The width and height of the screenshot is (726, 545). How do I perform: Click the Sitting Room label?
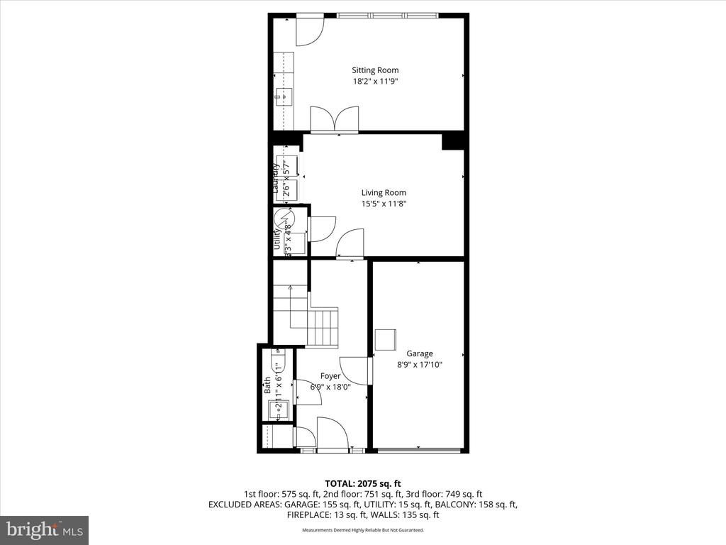375,70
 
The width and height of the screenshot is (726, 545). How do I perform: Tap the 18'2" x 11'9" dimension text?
375,81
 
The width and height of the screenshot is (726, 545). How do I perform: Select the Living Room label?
384,192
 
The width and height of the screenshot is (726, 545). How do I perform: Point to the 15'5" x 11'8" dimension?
384,204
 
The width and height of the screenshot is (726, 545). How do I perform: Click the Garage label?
419,353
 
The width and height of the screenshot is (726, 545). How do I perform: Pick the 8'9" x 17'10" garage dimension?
419,365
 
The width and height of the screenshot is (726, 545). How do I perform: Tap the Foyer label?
330,376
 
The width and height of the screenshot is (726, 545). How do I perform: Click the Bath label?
267,385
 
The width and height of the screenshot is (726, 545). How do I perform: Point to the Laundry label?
276,178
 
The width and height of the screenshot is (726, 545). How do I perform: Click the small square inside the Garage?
386,340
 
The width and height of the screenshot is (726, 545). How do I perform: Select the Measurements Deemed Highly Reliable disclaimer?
362,530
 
